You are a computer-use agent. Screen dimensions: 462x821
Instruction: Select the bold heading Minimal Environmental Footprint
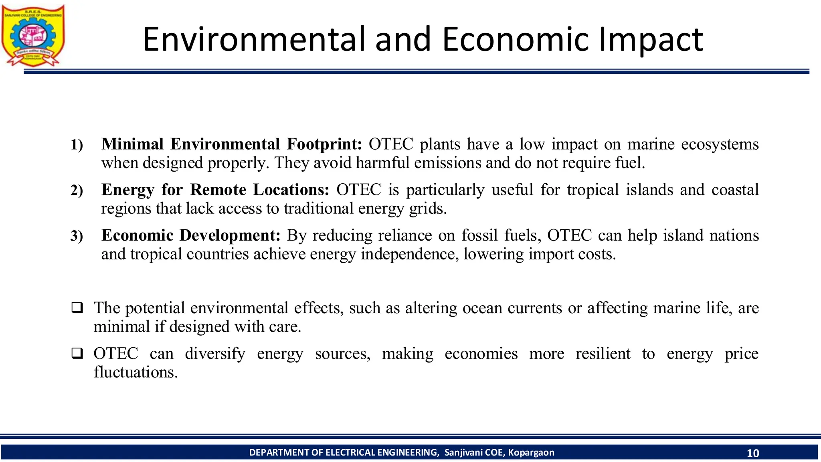point(232,144)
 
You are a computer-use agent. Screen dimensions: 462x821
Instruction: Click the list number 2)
point(77,190)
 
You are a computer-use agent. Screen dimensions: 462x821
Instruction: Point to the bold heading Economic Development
point(191,235)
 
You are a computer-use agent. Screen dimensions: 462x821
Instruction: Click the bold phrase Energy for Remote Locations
point(215,190)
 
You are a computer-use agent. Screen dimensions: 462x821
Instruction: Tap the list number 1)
point(77,145)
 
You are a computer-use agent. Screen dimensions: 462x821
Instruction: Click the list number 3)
point(77,236)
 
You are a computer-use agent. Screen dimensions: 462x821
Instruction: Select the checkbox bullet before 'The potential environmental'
point(77,308)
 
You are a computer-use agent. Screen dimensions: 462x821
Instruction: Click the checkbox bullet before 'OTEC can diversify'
point(77,354)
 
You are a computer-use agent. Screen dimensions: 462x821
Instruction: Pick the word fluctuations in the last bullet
point(135,373)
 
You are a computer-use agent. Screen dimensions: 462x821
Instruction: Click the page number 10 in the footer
point(752,453)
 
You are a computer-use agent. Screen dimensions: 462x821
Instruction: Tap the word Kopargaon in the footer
point(531,453)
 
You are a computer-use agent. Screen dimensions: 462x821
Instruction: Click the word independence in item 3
point(409,254)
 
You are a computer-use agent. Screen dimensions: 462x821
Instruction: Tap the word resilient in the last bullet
point(603,354)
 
